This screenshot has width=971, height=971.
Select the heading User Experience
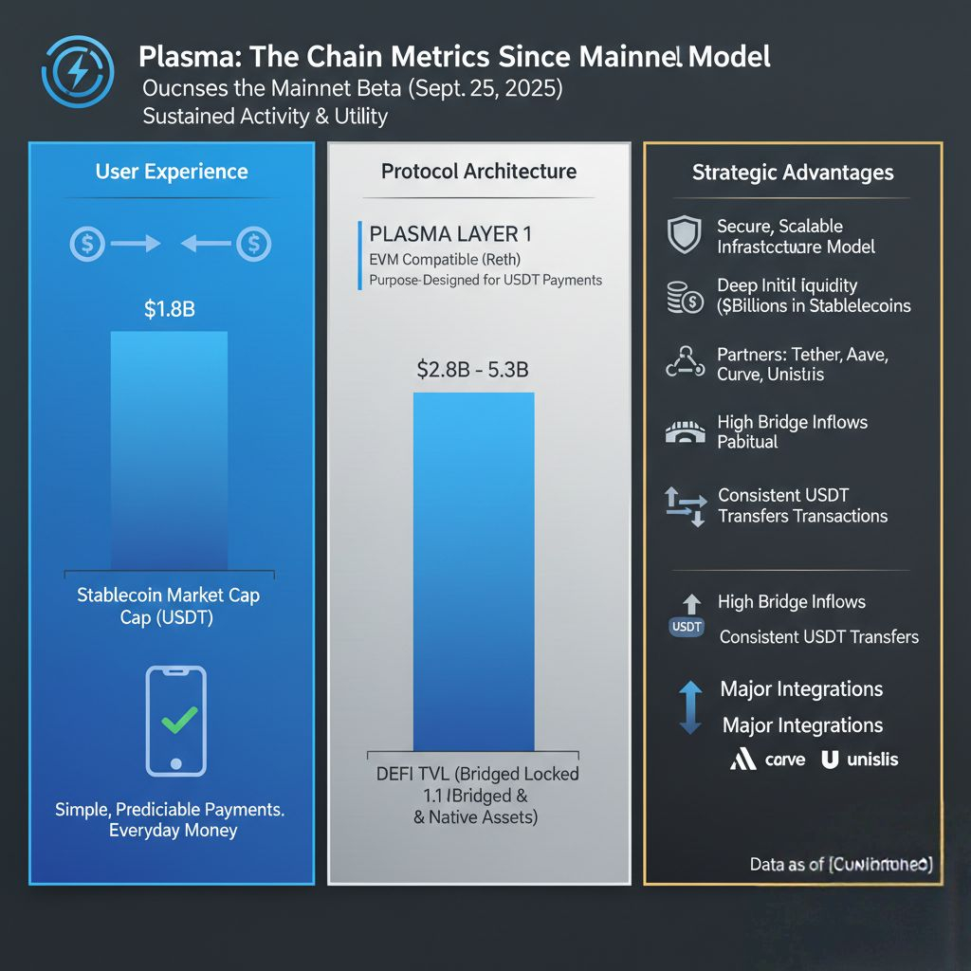pos(172,172)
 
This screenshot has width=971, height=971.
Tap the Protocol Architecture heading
pos(479,172)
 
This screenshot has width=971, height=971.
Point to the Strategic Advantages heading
pos(793,173)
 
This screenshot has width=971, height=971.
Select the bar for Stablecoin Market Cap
pos(170,450)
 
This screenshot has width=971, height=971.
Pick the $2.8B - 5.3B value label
pos(472,371)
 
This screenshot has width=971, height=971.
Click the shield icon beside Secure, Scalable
pos(684,235)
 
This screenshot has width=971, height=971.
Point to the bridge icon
pos(685,432)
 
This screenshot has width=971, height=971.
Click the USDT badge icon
pos(686,626)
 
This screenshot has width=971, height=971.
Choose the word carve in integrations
pos(784,759)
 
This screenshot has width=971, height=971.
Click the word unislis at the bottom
pos(872,759)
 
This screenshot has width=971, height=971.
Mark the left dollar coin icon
pos(87,244)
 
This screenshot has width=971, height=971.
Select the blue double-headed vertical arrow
pos(691,706)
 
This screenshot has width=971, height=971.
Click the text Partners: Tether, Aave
pos(802,354)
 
